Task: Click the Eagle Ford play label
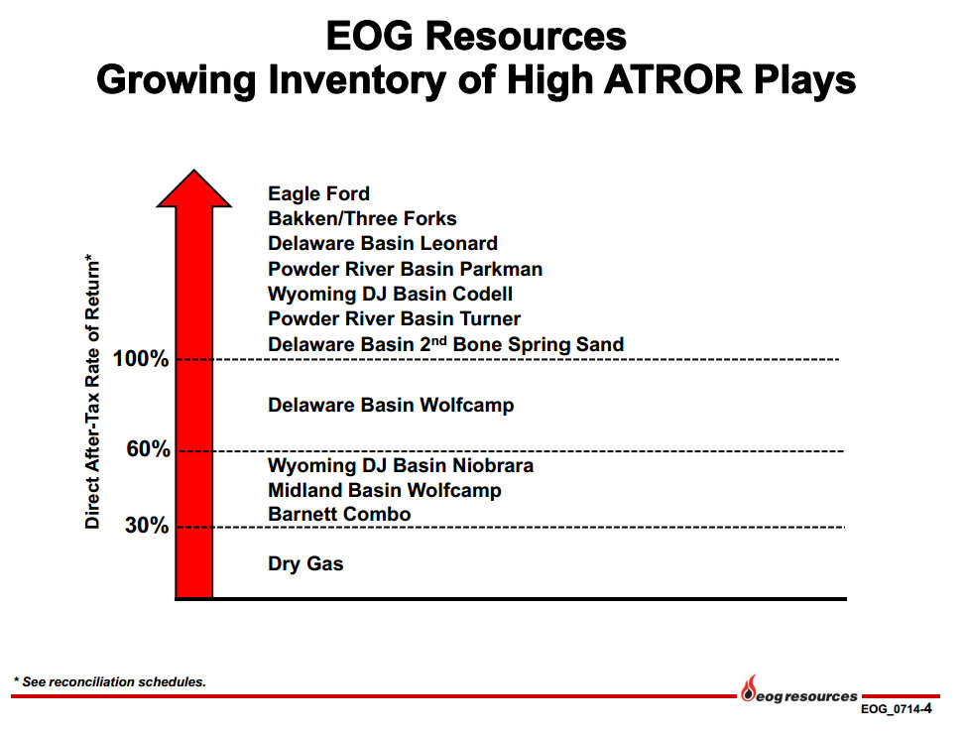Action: (x=318, y=193)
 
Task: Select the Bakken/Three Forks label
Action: (x=362, y=218)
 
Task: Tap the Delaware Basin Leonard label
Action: (x=383, y=243)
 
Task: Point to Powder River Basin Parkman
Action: (x=405, y=269)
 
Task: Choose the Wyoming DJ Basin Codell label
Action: (x=390, y=295)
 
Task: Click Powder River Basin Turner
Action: (x=394, y=318)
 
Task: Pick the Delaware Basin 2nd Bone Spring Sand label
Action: (x=445, y=344)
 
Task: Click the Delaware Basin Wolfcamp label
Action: (x=391, y=406)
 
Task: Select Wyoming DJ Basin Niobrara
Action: (x=401, y=466)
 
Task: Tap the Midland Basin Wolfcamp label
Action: (x=385, y=491)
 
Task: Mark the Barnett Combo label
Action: (x=339, y=514)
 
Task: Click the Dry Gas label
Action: (x=305, y=564)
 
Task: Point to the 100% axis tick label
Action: (x=141, y=359)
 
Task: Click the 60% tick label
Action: (x=148, y=449)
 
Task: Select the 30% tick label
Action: (x=147, y=526)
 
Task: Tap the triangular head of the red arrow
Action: (x=194, y=189)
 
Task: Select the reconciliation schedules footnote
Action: (x=109, y=681)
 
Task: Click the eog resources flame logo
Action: (x=749, y=688)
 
